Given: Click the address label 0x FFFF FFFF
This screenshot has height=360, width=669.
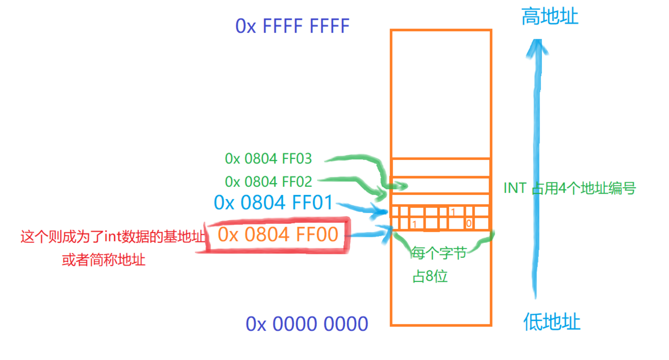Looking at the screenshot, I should click(292, 26).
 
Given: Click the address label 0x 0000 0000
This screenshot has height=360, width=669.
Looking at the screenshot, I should click(307, 324).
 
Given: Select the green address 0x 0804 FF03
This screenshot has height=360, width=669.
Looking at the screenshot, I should click(268, 159).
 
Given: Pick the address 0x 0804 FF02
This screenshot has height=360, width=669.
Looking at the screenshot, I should click(268, 182).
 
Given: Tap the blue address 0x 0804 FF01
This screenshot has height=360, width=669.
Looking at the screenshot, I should click(273, 202).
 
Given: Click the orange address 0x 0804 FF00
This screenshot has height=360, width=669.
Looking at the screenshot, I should click(278, 234).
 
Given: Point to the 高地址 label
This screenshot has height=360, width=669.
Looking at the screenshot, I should click(550, 17).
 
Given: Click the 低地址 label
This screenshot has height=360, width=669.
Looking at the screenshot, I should click(551, 322).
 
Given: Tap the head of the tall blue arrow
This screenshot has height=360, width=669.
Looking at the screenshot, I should click(537, 48).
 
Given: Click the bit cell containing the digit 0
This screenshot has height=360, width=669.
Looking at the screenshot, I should click(469, 224).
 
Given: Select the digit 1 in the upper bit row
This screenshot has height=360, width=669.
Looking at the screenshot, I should click(453, 212).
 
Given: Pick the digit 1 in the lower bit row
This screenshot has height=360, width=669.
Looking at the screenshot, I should click(414, 224).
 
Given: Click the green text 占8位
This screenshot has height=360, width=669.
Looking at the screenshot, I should click(430, 276).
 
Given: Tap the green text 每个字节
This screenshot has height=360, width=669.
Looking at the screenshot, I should click(439, 253).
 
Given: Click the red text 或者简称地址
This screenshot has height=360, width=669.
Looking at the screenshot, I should click(103, 260).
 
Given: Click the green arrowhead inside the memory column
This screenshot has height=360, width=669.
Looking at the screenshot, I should click(399, 186).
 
